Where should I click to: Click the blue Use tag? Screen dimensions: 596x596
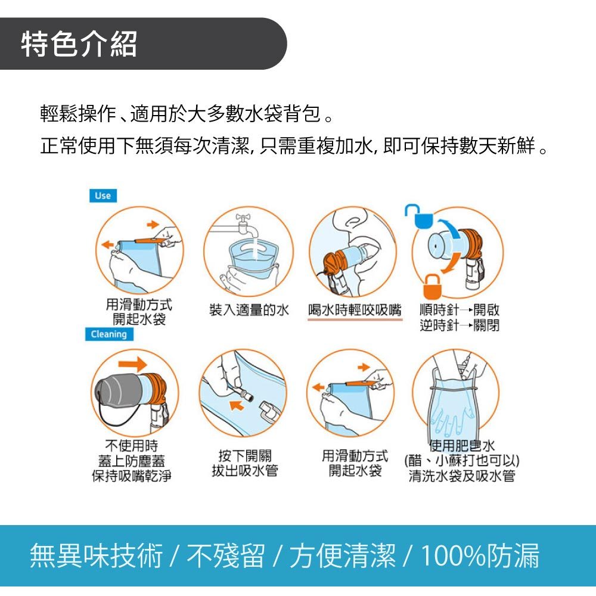coord(103,195)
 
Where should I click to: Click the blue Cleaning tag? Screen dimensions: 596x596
coord(109,334)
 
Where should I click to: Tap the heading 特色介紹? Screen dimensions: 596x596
coord(79,44)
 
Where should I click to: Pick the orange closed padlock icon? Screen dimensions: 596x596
coord(433,287)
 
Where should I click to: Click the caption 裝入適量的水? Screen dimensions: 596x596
coord(249,310)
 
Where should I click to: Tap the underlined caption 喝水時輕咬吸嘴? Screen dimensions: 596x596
coord(355,310)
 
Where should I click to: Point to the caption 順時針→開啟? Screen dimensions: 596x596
coord(459,310)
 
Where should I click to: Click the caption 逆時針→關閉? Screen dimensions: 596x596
coord(459,325)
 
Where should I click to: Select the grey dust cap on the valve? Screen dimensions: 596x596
coord(119,392)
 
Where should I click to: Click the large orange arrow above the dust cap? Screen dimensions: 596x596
coord(132,364)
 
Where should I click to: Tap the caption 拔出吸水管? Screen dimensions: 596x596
coord(245,471)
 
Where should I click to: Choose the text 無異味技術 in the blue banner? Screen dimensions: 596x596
coord(96,555)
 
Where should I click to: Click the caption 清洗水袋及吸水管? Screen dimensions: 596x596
coord(462,476)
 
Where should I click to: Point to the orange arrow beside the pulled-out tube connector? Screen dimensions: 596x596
coord(237,405)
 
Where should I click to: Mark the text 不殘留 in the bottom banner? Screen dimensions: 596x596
coord(225,555)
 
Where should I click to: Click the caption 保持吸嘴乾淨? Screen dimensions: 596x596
coord(132,476)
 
